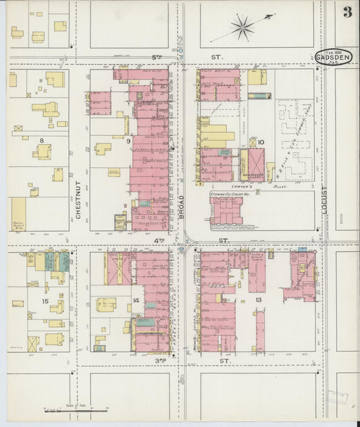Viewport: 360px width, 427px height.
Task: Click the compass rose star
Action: pos(241,28)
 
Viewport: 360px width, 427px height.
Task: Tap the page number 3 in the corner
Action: pos(346,11)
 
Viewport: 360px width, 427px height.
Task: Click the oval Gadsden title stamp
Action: pos(333,58)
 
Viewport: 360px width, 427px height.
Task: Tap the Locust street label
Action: pos(324,200)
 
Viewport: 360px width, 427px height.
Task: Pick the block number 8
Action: pos(41,141)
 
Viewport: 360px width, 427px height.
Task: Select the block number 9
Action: pos(128,141)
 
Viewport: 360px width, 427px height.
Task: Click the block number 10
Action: pos(261,143)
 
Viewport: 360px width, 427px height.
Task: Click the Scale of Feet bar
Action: pos(75,409)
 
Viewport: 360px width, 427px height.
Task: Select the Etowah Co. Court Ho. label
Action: pos(230,193)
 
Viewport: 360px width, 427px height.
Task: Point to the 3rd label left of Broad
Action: pos(161,361)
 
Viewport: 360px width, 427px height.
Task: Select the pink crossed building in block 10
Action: pos(257,164)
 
